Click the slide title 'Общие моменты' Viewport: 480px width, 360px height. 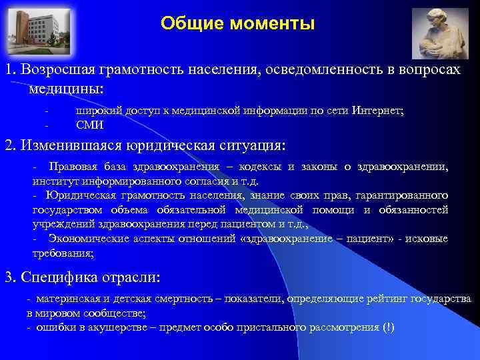pyautogui.click(x=237, y=25)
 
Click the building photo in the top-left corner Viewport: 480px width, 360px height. pyautogui.click(x=33, y=30)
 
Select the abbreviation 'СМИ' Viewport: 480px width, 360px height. pyautogui.click(x=89, y=124)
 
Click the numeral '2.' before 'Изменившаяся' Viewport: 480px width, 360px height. pyautogui.click(x=10, y=145)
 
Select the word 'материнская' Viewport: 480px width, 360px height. pyautogui.click(x=66, y=299)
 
